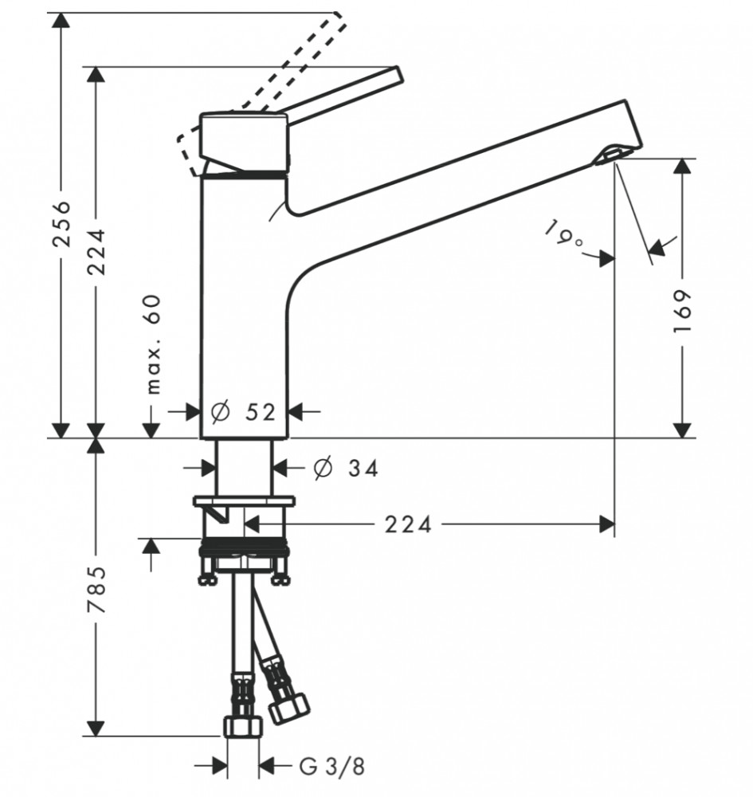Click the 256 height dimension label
(x=62, y=224)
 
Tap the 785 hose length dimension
(x=96, y=589)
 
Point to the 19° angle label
(x=564, y=234)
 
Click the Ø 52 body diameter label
(x=244, y=412)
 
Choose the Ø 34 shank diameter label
(x=347, y=468)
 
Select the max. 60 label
(x=153, y=344)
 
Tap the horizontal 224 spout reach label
(x=408, y=524)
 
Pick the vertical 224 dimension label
(x=96, y=252)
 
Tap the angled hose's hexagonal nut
(x=288, y=709)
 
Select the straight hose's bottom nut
(x=243, y=726)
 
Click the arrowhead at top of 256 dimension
(x=62, y=21)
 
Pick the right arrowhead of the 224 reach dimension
(x=606, y=524)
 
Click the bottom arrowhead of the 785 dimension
(x=96, y=728)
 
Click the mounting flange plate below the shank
(x=244, y=501)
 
